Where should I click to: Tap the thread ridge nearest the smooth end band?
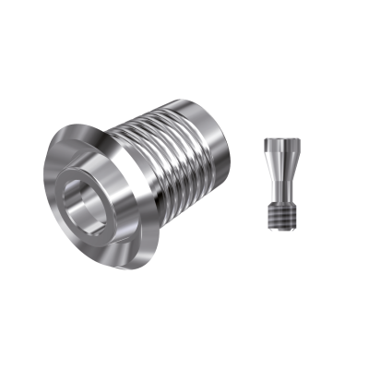[198, 148]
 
